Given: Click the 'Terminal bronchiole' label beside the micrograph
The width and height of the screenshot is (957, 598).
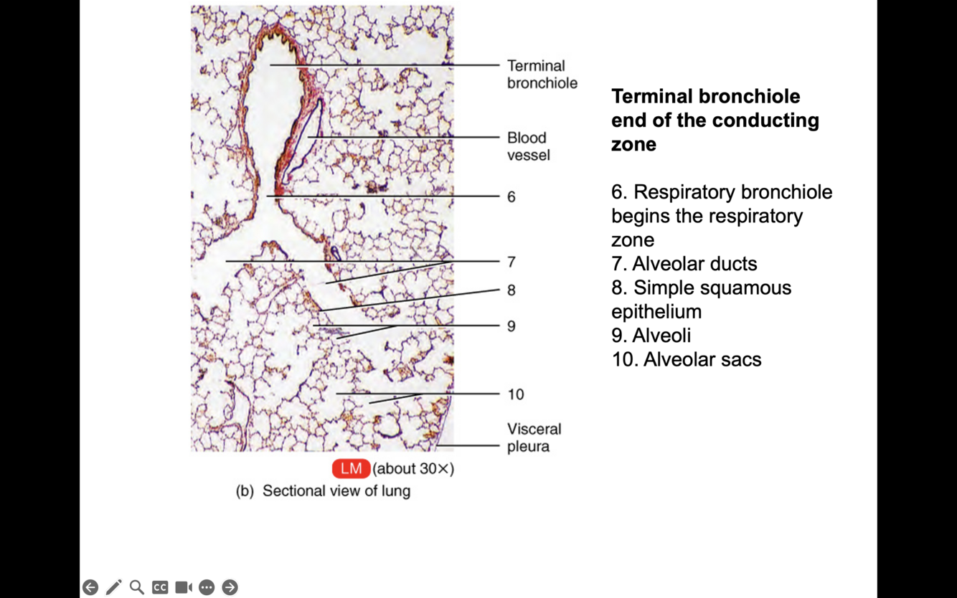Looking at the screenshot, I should [x=542, y=75].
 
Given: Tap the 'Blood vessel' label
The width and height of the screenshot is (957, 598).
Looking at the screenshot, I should [x=527, y=146].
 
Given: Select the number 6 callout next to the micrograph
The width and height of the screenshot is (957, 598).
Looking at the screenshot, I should [x=511, y=196].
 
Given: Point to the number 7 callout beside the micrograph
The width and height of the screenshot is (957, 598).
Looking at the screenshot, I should [x=511, y=262].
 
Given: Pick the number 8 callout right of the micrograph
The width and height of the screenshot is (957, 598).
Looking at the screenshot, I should [x=511, y=290].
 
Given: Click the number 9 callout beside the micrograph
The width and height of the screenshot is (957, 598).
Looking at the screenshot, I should [x=511, y=326].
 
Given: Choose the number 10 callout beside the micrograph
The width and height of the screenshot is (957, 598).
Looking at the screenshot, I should [x=515, y=394].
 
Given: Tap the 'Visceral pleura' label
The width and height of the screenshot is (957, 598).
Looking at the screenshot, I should [x=534, y=437].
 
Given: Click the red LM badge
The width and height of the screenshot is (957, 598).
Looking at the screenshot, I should [x=351, y=469].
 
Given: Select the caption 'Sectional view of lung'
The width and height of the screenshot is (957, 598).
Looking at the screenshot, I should [x=336, y=491].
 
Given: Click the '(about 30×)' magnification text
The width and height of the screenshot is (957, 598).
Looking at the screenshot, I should [x=413, y=469].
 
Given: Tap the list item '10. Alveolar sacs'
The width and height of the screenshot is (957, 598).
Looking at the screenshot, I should [x=686, y=359].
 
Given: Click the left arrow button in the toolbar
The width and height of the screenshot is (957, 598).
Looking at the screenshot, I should [x=90, y=587].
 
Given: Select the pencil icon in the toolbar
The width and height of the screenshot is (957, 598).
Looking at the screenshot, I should [x=113, y=587].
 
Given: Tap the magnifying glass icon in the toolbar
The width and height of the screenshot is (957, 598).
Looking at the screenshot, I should [x=136, y=587].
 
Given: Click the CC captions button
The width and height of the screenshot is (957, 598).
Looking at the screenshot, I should [x=160, y=587].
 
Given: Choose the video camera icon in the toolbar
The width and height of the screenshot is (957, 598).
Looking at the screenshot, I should [x=184, y=587].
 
